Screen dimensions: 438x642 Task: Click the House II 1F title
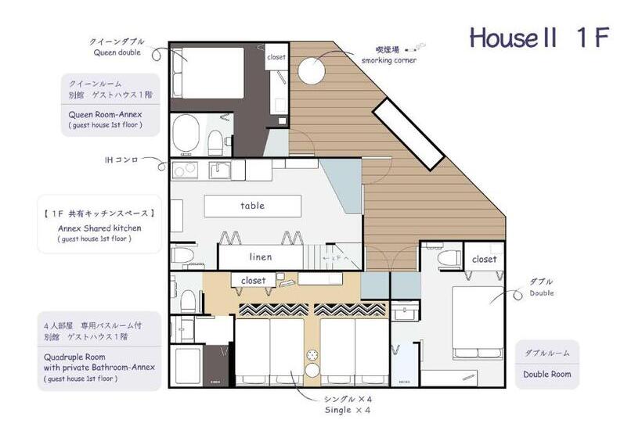538,37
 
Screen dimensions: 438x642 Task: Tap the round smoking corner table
310,70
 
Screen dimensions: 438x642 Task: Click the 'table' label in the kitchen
252,206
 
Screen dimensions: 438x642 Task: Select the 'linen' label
261,257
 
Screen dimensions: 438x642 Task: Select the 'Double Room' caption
547,374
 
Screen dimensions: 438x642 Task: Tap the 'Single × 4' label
348,410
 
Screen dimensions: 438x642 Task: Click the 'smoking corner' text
388,60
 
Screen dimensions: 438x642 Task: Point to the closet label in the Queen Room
276,57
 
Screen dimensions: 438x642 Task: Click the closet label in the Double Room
484,259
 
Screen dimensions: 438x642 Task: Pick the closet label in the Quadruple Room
253,280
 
